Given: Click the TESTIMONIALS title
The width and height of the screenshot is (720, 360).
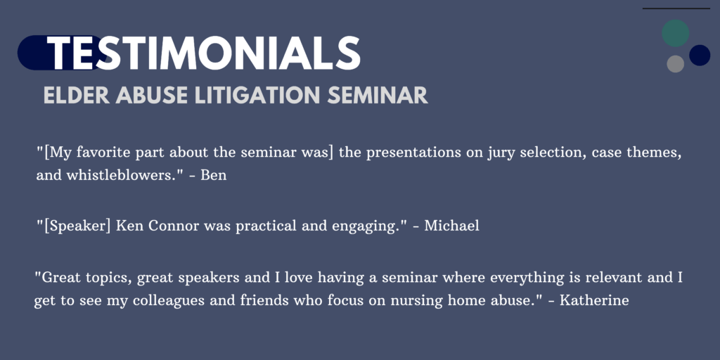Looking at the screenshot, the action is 204,53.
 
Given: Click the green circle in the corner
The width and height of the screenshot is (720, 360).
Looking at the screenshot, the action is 675,33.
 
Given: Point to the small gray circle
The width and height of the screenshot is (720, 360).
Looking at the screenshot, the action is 676,64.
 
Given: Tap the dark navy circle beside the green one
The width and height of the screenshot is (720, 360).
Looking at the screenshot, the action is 700,55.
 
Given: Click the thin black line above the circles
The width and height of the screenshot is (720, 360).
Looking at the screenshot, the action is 676,8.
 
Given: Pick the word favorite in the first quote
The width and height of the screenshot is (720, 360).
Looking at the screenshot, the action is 103,153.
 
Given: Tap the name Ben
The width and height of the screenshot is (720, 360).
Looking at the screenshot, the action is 214,175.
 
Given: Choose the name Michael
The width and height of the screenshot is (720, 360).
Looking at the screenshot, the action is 451,226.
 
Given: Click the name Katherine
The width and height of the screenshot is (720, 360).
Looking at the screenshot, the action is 593,301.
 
